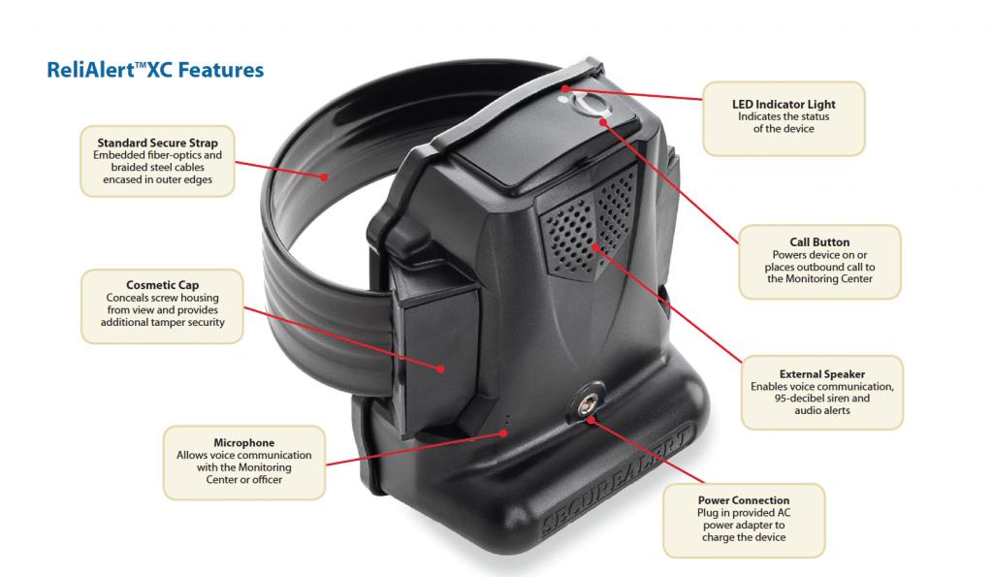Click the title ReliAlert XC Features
click(x=155, y=70)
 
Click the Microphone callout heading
click(x=244, y=442)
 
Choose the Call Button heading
click(x=819, y=242)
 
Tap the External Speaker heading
click(x=821, y=373)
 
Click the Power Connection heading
click(x=743, y=500)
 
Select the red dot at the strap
click(x=325, y=176)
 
